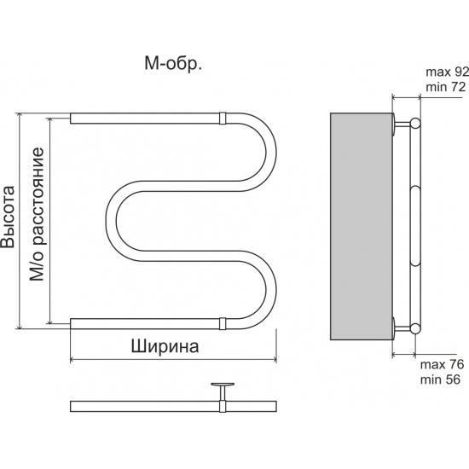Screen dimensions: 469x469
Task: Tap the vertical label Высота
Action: tap(9, 218)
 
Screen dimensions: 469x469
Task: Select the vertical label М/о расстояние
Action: tap(38, 215)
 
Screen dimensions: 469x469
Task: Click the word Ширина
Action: tap(165, 347)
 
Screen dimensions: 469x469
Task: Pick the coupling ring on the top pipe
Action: tap(222, 116)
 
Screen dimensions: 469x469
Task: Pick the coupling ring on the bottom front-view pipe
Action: tap(222, 323)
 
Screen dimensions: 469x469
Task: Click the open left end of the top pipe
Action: tap(72, 116)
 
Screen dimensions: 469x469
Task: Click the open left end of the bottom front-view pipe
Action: tap(72, 323)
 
